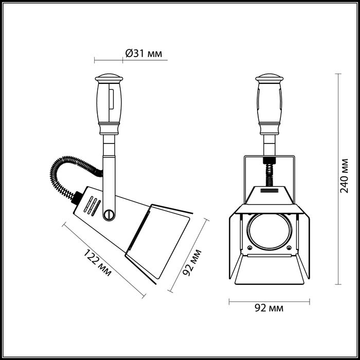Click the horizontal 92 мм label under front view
269,309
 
